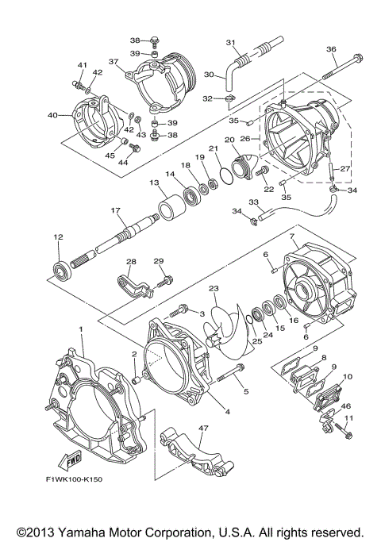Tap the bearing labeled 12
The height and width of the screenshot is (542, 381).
click(60, 267)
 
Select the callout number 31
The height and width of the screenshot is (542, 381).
click(231, 42)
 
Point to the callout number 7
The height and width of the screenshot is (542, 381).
click(292, 236)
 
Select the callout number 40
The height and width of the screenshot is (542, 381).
click(53, 115)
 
